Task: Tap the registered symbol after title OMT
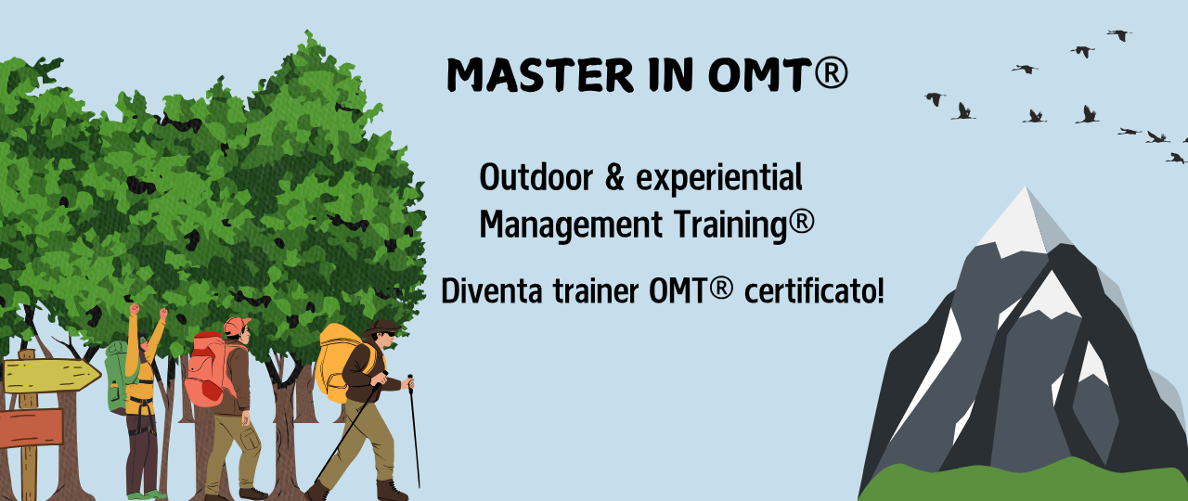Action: [x=832, y=73]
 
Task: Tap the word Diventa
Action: [x=488, y=291]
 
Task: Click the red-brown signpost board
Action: [x=31, y=428]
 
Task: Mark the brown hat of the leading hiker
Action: [x=382, y=328]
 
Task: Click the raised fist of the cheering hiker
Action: [x=136, y=308]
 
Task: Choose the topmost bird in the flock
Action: [x=1119, y=34]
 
